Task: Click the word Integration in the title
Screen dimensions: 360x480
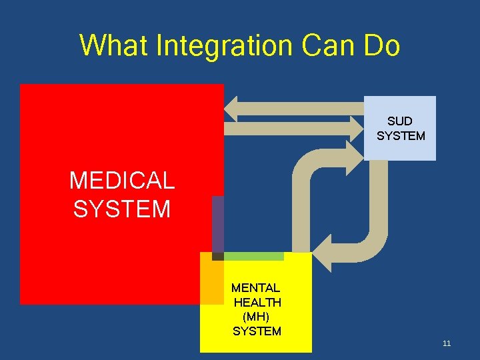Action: point(225,47)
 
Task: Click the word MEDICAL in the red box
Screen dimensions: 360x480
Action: point(121,180)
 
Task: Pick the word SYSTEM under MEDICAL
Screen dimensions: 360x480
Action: point(121,209)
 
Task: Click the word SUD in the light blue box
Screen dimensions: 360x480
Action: point(400,121)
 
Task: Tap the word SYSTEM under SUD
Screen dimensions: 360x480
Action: point(401,136)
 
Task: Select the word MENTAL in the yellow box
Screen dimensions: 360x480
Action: point(255,288)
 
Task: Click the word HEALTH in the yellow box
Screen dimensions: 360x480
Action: point(257,303)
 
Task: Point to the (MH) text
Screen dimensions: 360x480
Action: point(257,317)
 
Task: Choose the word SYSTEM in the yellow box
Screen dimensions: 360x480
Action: point(257,331)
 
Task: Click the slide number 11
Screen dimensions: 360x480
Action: point(447,343)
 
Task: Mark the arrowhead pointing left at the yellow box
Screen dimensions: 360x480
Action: point(322,254)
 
